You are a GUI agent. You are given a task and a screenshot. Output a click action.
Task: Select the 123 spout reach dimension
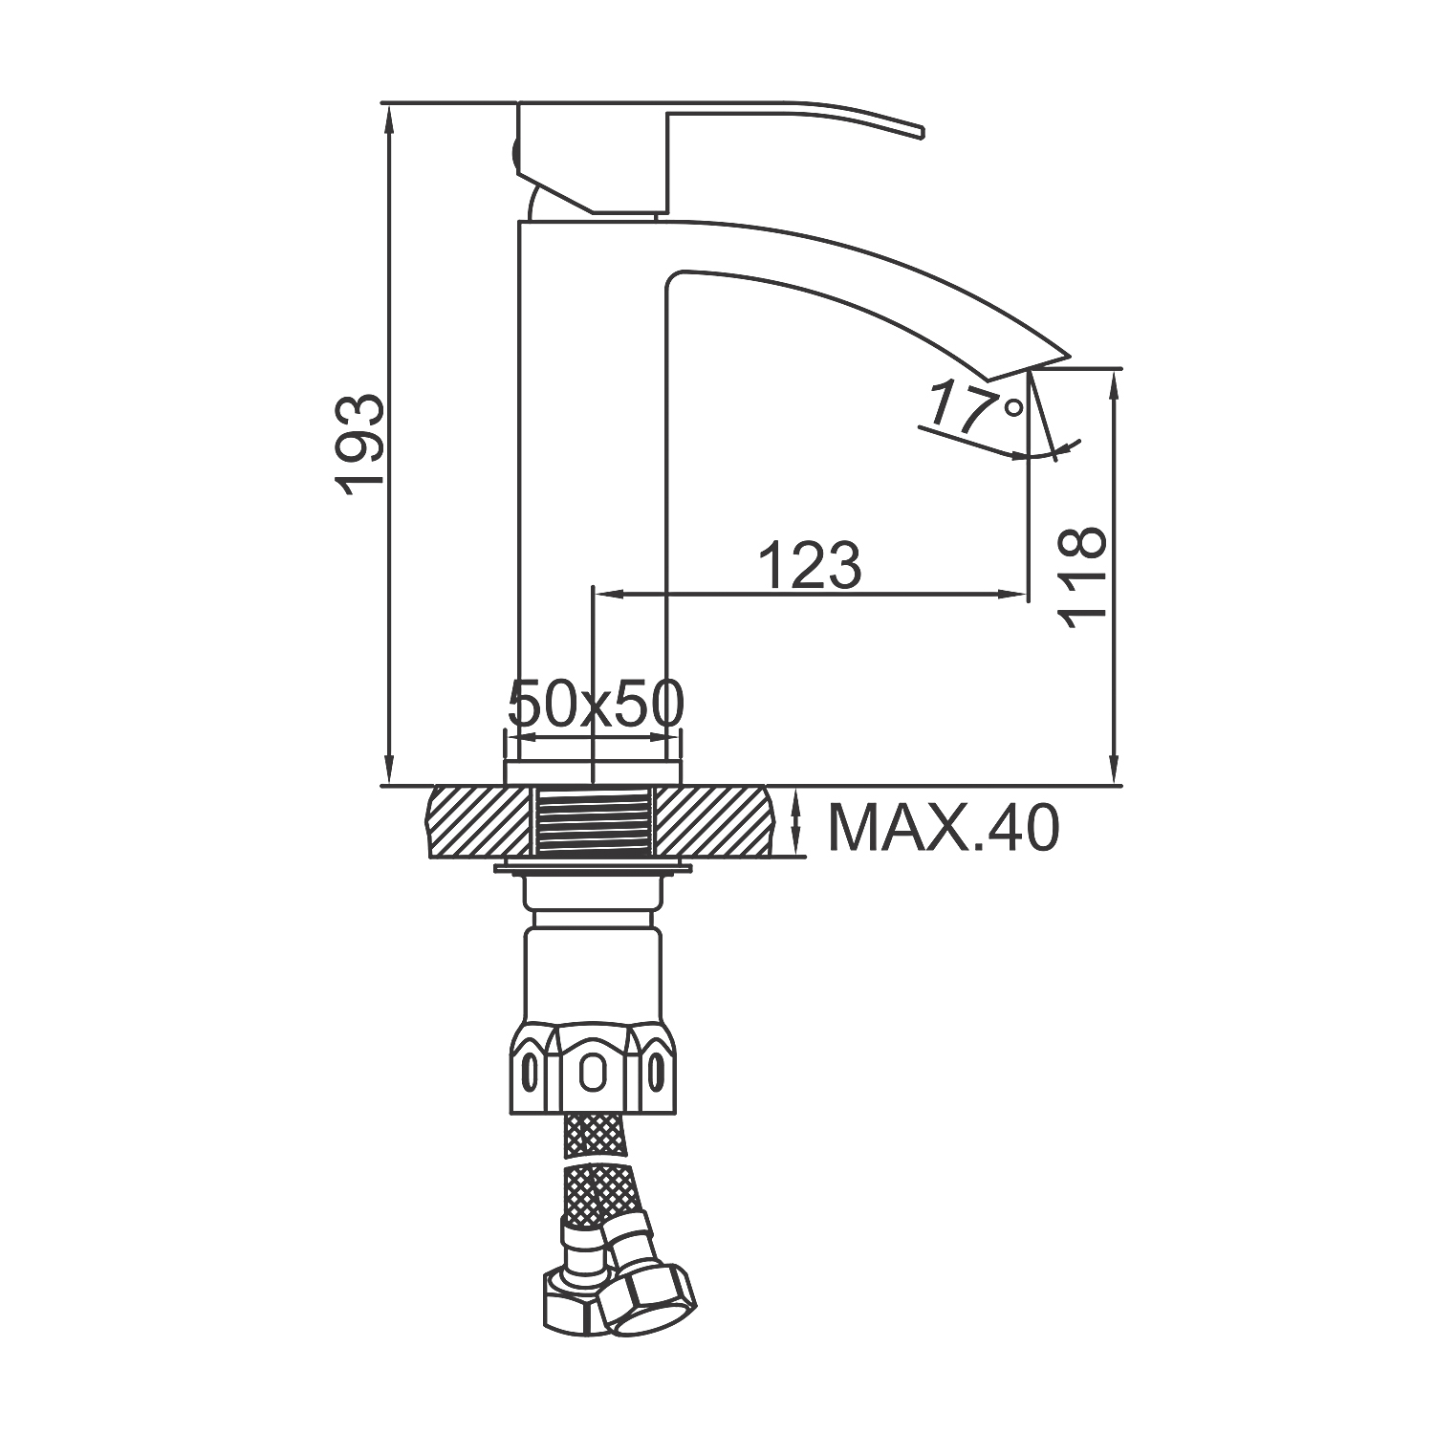[x=810, y=565]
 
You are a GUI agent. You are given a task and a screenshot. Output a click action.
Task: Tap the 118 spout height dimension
[x=1083, y=576]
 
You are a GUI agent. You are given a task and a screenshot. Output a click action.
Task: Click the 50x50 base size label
[x=596, y=706]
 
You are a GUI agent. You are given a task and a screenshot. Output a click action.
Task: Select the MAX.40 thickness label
[x=944, y=828]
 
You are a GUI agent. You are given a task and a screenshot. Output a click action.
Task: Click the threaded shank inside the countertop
[x=593, y=821]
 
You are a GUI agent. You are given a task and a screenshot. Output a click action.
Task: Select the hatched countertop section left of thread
[x=478, y=821]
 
